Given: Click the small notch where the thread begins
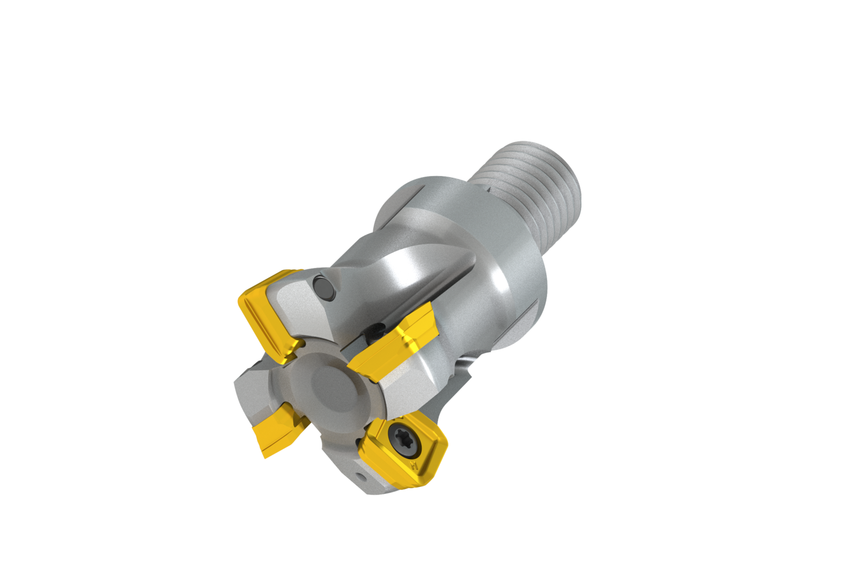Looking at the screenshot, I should point(490,188).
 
